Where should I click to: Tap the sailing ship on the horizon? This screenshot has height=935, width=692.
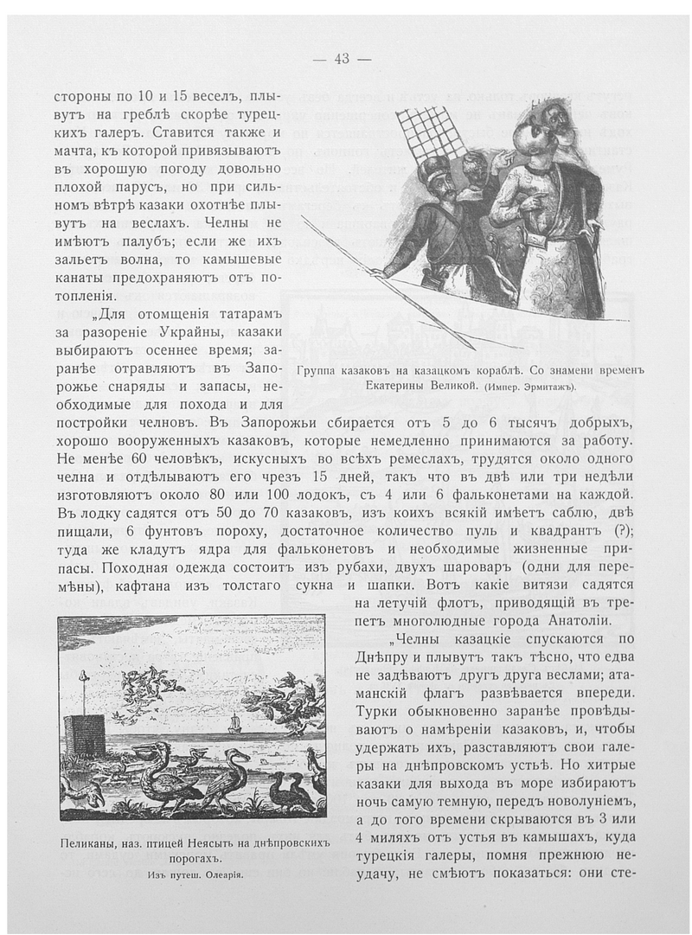[234, 722]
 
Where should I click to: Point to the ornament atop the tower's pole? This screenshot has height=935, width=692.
[84, 676]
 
